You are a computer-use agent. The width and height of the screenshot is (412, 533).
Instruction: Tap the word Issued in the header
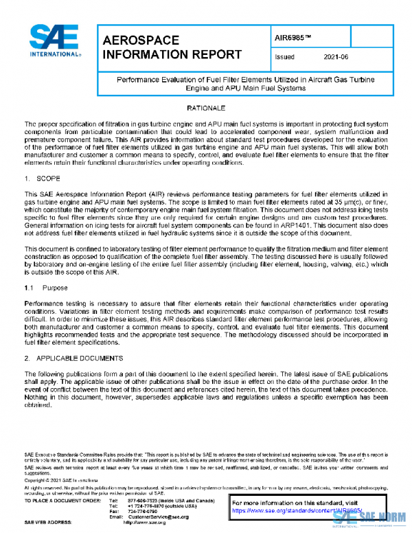coord(284,58)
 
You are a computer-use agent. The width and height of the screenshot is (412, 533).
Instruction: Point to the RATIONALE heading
coord(205,109)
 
